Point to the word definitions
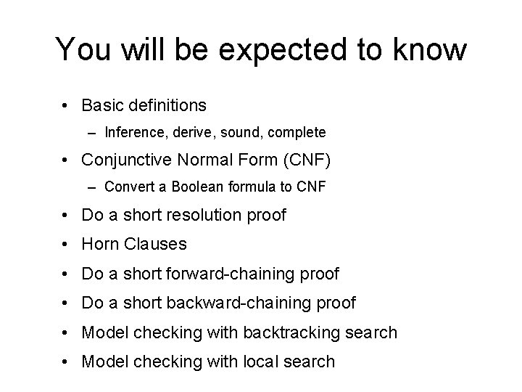pyautogui.click(x=169, y=105)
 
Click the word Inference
pyautogui.click(x=133, y=133)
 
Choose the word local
pyautogui.click(x=249, y=361)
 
